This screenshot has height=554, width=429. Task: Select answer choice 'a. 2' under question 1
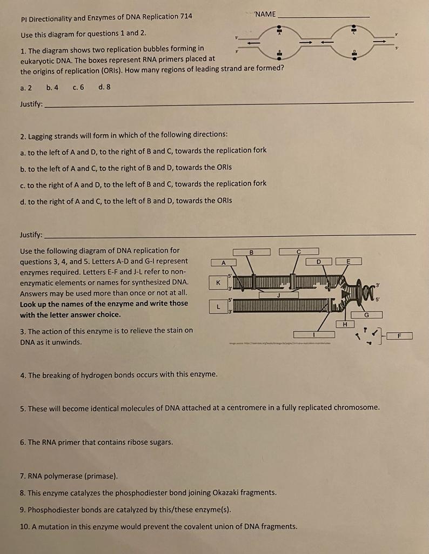26,87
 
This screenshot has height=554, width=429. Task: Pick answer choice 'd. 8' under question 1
105,87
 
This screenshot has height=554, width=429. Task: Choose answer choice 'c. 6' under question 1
78,87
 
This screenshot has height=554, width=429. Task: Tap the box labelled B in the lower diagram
252,252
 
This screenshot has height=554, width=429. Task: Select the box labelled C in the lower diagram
299,252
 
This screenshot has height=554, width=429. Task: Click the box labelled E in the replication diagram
348,261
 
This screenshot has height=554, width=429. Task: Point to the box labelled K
218,282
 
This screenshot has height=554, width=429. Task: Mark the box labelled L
218,307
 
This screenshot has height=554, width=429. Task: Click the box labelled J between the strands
278,295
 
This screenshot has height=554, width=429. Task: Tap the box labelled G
367,314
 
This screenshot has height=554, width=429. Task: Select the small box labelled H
345,324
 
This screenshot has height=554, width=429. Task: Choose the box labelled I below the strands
314,334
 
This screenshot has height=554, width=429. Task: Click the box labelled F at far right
399,336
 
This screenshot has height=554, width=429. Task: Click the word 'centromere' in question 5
289,407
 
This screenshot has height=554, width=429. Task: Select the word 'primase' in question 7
101,476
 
